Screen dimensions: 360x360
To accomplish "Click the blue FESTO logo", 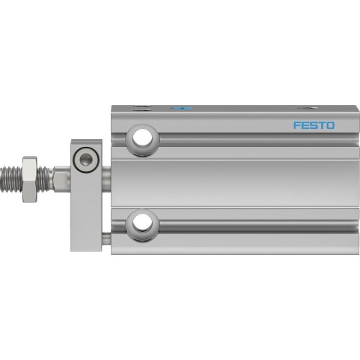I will (313, 125).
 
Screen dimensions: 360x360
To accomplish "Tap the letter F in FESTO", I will (297, 125).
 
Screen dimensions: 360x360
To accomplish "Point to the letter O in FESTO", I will (329, 125).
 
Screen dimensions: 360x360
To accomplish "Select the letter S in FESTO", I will (313, 125).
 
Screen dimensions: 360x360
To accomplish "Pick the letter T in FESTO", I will (321, 125).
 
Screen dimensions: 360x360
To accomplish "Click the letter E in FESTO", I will (305, 125).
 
